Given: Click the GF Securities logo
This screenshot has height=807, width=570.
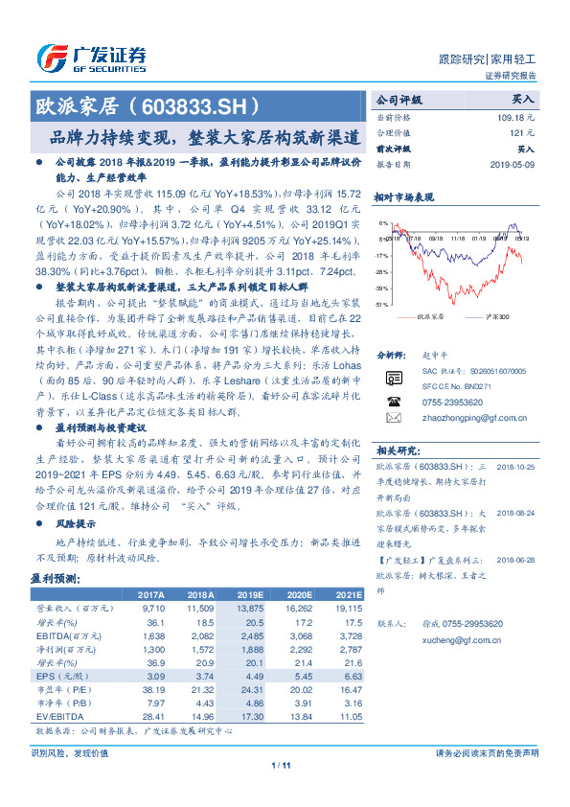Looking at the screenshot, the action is [x=90, y=55].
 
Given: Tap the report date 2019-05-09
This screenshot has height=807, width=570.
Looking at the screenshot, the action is [x=515, y=164].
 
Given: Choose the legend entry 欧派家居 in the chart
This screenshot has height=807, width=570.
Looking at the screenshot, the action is [x=430, y=315].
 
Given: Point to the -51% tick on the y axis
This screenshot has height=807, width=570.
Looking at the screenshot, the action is [x=382, y=304].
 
